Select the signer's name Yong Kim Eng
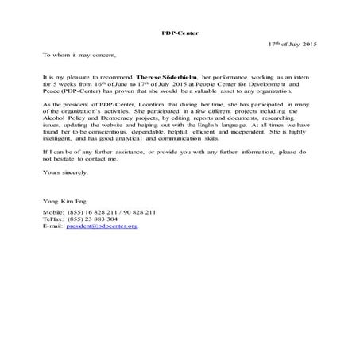point(63,203)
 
